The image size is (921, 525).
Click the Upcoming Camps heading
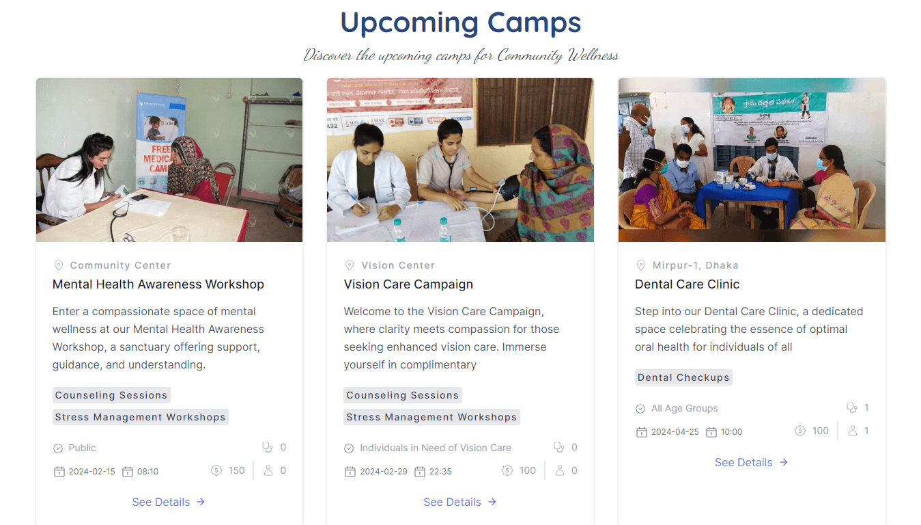tap(460, 23)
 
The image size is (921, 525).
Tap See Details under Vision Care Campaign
tap(459, 502)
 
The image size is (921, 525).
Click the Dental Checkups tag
tap(683, 377)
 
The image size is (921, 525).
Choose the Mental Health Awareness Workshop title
tap(158, 284)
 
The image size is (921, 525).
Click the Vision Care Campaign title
tap(408, 284)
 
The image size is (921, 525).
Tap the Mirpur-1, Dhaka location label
tap(695, 265)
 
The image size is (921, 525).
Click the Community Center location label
tap(120, 265)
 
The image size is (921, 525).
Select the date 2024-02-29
tap(383, 472)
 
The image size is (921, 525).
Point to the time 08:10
tap(147, 472)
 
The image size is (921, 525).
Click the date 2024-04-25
tap(675, 432)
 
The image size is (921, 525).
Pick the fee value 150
tap(236, 470)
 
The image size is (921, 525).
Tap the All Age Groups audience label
tap(684, 409)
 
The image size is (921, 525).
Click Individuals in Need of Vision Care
tap(435, 448)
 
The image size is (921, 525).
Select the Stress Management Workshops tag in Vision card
tap(431, 417)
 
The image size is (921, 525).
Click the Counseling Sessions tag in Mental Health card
tap(111, 395)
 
